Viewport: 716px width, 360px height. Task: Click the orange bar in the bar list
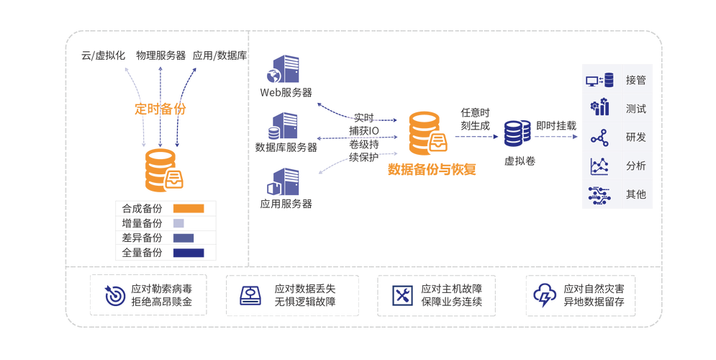[188, 208]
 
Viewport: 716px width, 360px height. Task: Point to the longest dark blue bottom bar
[188, 253]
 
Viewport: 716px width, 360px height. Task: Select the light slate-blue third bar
[183, 238]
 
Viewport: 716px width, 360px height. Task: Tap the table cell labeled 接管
[636, 78]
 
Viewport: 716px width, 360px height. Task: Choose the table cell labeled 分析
[636, 166]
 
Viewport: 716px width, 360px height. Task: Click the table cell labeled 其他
[636, 194]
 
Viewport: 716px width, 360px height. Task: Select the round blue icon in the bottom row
[114, 295]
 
